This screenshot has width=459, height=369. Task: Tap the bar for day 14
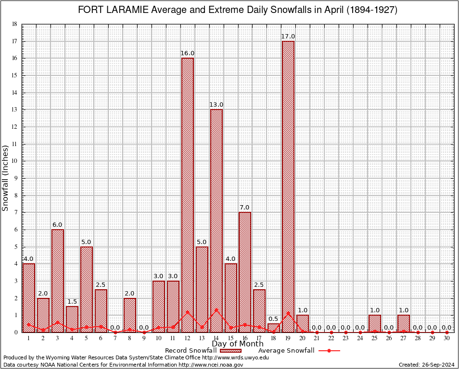pyautogui.click(x=216, y=221)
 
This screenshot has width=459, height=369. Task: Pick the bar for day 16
pyautogui.click(x=244, y=272)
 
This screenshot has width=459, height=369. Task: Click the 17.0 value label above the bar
pyautogui.click(x=288, y=37)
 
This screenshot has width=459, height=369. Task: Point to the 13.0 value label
pyautogui.click(x=216, y=105)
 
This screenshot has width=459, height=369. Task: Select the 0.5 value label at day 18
pyautogui.click(x=273, y=319)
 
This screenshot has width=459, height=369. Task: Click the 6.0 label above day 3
pyautogui.click(x=57, y=225)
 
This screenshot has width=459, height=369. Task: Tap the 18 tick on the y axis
pyautogui.click(x=14, y=24)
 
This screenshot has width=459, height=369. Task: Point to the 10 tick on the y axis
pyautogui.click(x=14, y=161)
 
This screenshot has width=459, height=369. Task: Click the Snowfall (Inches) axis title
pyautogui.click(x=6, y=178)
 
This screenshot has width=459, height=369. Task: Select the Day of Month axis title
pyautogui.click(x=237, y=344)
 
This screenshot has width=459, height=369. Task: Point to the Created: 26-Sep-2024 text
pyautogui.click(x=426, y=365)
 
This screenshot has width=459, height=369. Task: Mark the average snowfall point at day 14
pyautogui.click(x=216, y=309)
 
